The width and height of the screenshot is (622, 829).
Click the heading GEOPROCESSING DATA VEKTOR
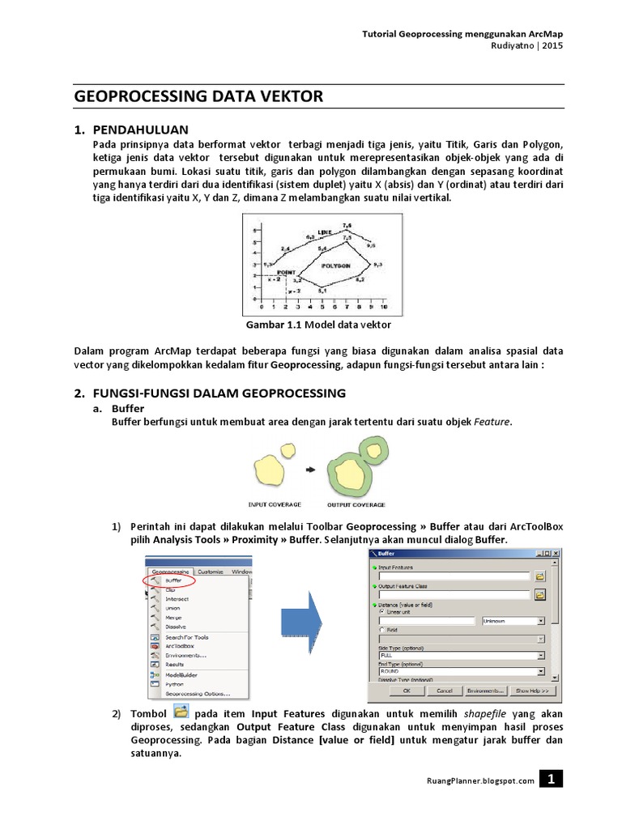[x=198, y=96]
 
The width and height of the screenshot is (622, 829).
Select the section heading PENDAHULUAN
[x=140, y=130]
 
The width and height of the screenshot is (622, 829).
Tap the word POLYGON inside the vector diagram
[x=334, y=265]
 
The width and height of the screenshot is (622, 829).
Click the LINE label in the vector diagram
[x=325, y=231]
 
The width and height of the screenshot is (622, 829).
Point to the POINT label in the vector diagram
[x=286, y=273]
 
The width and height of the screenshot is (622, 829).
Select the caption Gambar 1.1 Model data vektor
[x=318, y=325]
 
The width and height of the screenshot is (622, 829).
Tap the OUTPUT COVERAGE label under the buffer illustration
[x=357, y=504]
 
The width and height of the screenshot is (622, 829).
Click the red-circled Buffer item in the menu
[x=173, y=580]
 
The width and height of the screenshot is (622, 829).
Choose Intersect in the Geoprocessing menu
[x=177, y=599]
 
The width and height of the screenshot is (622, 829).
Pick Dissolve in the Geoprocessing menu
[x=176, y=626]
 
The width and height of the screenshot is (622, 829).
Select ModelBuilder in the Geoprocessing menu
[x=181, y=674]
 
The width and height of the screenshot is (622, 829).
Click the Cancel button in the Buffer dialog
[x=445, y=691]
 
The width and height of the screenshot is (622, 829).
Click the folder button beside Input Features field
[x=540, y=576]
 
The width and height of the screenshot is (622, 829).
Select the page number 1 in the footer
[x=551, y=780]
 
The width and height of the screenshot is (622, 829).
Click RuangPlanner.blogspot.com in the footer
[x=480, y=780]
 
